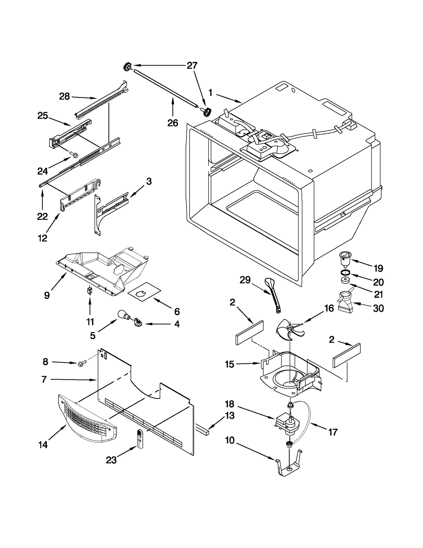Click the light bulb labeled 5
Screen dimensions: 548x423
coord(123,315)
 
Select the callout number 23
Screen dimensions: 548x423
coord(111,460)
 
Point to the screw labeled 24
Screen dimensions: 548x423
coord(72,153)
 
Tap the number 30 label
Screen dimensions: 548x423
coord(378,308)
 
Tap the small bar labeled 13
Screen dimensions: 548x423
coord(203,429)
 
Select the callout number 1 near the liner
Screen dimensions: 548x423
coord(210,93)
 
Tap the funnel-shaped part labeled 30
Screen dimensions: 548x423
coord(345,302)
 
